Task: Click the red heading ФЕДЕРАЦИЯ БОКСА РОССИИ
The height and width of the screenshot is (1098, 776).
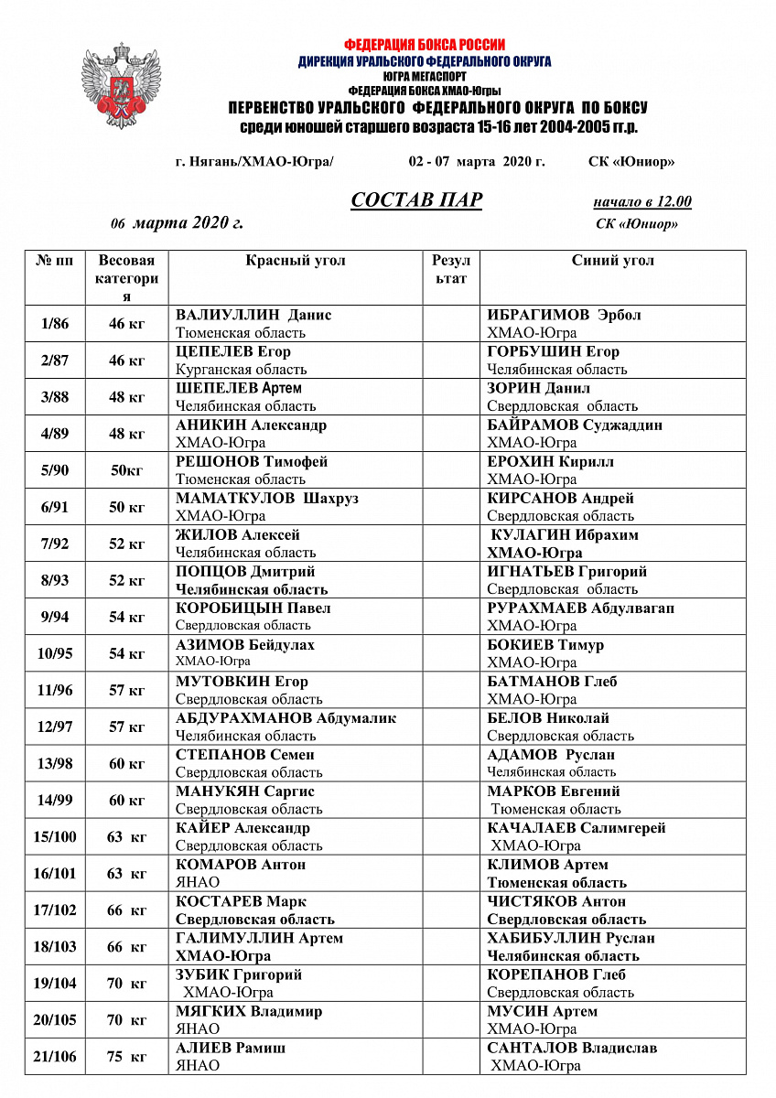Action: [x=425, y=44]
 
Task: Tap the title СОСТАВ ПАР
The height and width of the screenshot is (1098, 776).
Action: [x=416, y=200]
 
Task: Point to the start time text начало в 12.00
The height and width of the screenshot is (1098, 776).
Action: [x=641, y=202]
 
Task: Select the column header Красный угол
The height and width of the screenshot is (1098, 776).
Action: [x=296, y=261]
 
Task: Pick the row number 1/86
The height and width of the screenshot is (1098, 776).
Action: [x=55, y=324]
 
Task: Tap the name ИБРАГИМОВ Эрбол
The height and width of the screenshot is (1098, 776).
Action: [x=564, y=315]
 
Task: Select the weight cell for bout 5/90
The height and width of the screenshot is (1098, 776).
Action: [x=127, y=470]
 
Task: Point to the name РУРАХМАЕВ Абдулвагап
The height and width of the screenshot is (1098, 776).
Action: [x=581, y=608]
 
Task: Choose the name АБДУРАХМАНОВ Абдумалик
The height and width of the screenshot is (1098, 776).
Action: [x=286, y=718]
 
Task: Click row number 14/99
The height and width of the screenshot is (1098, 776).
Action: [x=55, y=801]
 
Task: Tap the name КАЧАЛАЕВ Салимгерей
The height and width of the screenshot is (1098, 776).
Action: [x=577, y=828]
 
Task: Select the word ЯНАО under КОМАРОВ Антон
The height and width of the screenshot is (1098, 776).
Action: [x=198, y=882]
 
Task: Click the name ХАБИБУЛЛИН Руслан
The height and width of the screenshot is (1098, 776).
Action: [x=571, y=938]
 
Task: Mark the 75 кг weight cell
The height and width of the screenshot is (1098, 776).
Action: [x=127, y=1057]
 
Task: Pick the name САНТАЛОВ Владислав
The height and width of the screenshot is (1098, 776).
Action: [x=572, y=1048]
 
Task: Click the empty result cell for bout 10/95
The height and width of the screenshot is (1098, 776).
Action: [x=451, y=653]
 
